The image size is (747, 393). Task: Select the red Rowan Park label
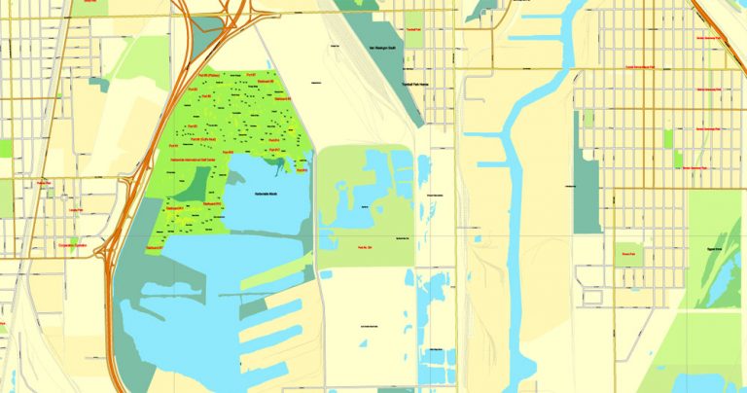pos(628,253)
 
